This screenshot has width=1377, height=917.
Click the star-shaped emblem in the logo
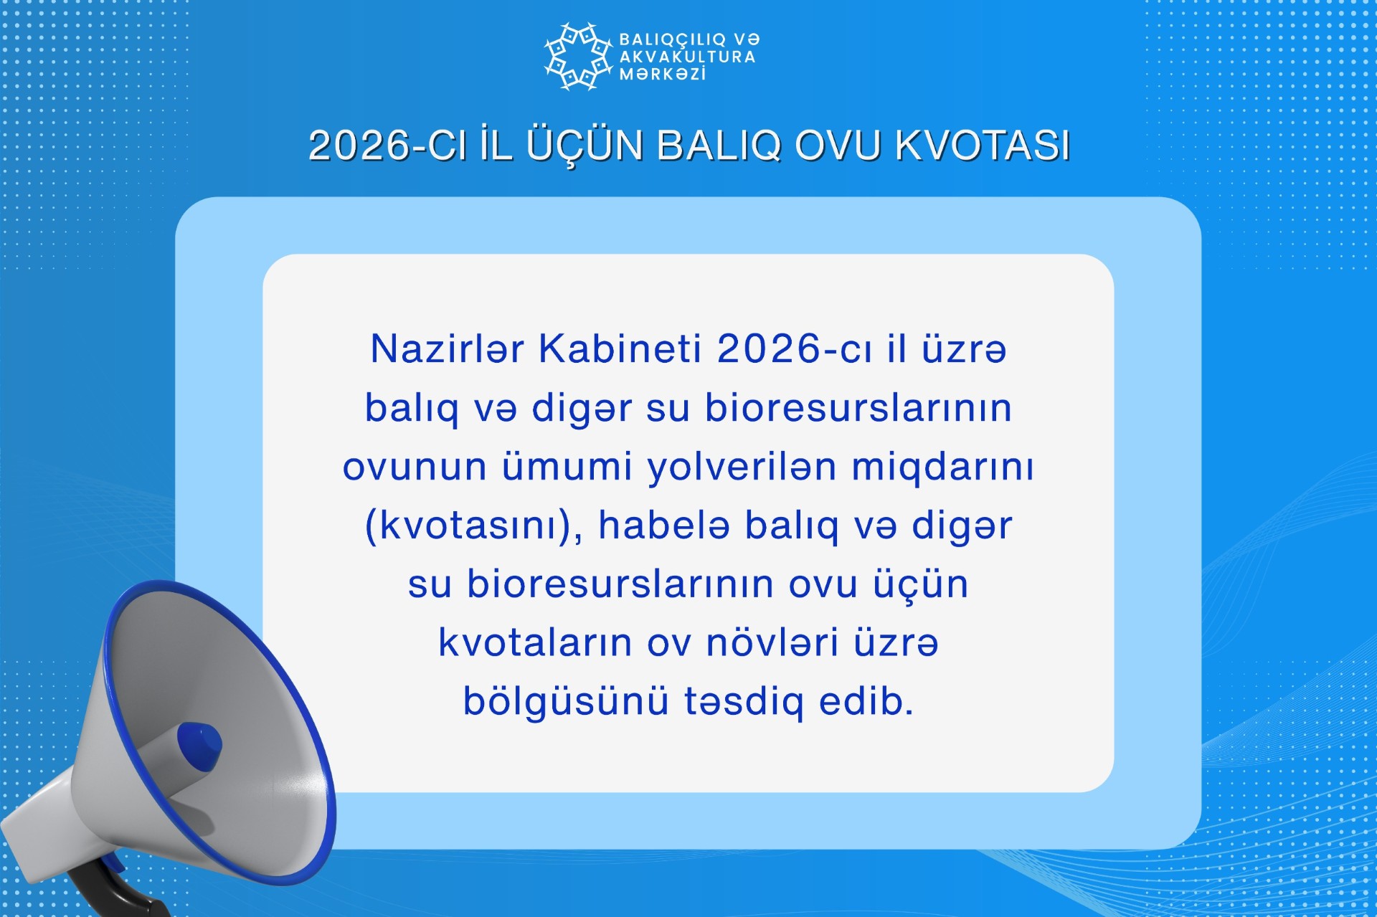point(578,57)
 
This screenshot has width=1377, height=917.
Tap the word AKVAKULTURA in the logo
point(688,57)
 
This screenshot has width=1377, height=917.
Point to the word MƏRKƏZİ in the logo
point(663,74)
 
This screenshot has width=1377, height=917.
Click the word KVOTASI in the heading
point(983,146)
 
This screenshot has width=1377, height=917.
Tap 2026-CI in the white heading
point(388,146)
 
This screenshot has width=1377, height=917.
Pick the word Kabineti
point(620,349)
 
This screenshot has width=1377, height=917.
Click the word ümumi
point(567,466)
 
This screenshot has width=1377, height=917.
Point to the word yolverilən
point(742,466)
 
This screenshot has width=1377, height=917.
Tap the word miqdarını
point(943,467)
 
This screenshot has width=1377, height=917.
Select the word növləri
point(772,642)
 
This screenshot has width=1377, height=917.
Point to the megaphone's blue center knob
point(199,746)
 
